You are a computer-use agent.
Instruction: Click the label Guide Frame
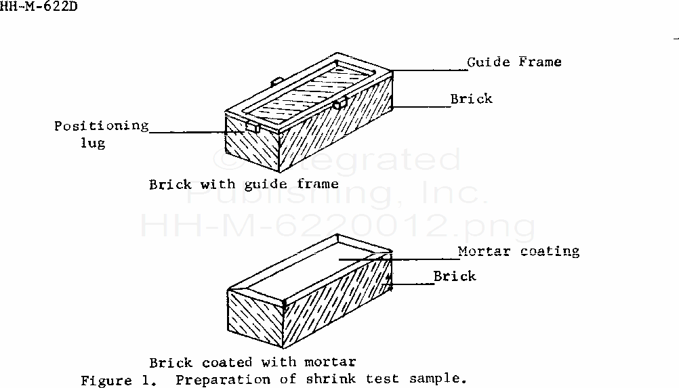514,62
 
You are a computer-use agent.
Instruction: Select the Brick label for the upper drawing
472,99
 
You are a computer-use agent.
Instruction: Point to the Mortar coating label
518,251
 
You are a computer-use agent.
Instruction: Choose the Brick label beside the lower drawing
455,276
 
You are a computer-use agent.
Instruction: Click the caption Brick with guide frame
244,184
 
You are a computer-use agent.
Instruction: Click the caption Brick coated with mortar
252,362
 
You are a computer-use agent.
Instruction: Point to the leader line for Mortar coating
400,258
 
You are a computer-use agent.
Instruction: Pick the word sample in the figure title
442,380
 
